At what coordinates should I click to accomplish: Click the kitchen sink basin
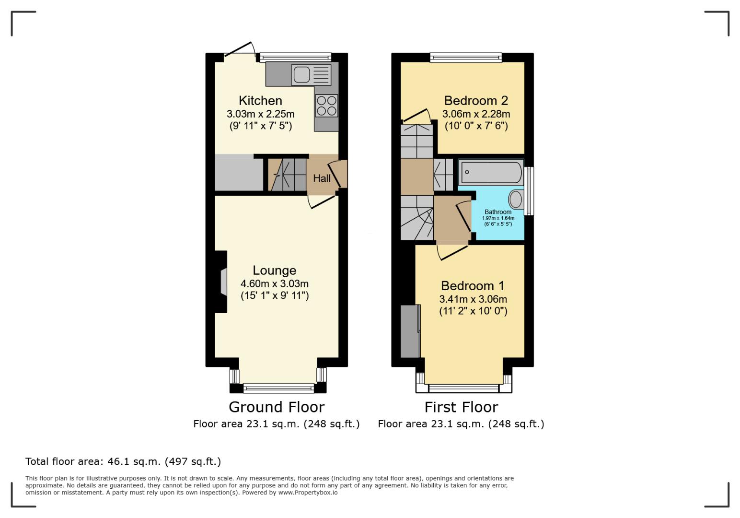tap(301, 75)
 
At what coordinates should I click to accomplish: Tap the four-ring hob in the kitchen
tap(326, 106)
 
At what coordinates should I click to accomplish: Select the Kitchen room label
tap(260, 101)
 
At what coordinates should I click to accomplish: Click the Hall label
tap(322, 178)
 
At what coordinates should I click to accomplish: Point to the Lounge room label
tap(274, 271)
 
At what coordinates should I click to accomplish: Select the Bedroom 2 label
tap(475, 101)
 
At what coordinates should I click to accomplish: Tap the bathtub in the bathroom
tap(490, 173)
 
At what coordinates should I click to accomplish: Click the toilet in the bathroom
tap(516, 199)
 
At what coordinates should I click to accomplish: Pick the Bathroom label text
tap(497, 212)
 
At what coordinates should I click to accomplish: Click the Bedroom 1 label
tap(472, 286)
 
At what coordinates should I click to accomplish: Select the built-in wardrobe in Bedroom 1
tap(410, 331)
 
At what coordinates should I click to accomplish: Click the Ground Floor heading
tap(277, 407)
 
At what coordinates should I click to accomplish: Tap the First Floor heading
tap(461, 407)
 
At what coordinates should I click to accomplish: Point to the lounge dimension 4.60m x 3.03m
tap(274, 283)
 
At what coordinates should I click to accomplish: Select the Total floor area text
tap(123, 462)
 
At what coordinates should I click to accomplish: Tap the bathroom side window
tap(529, 191)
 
